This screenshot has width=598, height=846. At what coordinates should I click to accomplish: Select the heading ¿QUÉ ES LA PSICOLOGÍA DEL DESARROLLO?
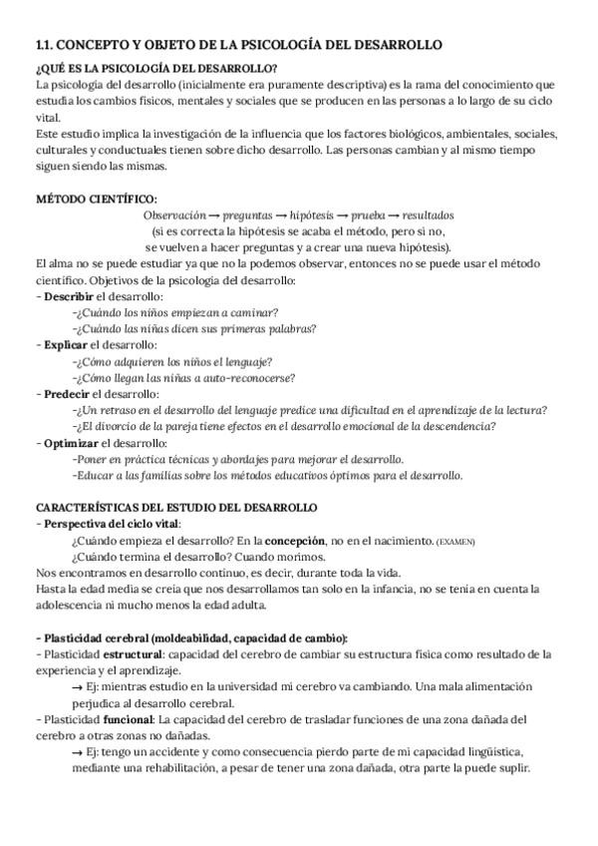pyautogui.click(x=156, y=68)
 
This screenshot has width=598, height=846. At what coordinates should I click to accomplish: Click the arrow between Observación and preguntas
pyautogui.click(x=214, y=214)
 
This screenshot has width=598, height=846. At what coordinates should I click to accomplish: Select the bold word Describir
pyautogui.click(x=69, y=297)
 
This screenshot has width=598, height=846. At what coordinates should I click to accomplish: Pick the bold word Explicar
pyautogui.click(x=67, y=345)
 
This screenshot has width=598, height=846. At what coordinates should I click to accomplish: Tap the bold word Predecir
pyautogui.click(x=68, y=394)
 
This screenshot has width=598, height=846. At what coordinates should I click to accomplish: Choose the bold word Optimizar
pyautogui.click(x=71, y=443)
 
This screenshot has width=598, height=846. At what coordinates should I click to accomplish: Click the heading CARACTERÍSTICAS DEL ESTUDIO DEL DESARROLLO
pyautogui.click(x=175, y=508)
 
